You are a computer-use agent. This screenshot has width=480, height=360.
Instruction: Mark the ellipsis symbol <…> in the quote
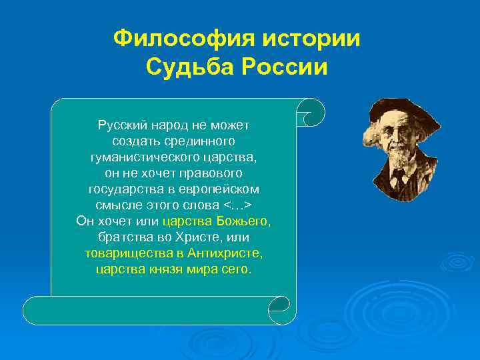click(237, 205)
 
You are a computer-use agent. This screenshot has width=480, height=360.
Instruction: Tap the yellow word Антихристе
click(225, 253)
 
